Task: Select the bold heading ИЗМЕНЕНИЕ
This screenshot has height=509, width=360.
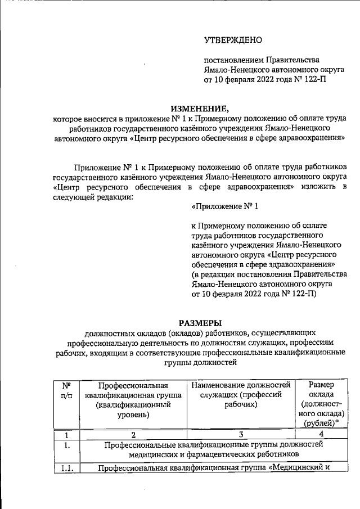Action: click(200, 109)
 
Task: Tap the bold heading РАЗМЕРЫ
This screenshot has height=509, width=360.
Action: click(200, 323)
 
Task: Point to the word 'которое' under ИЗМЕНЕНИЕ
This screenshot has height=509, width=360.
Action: click(66, 119)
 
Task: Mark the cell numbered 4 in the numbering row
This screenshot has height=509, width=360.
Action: click(321, 435)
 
